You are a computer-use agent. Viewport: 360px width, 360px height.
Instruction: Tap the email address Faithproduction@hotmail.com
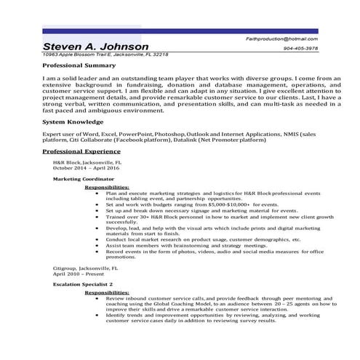coord(281,37)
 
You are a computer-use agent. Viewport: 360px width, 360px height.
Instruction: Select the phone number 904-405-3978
coord(302,48)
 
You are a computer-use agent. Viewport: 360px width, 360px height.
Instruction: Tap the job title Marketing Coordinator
coord(84,178)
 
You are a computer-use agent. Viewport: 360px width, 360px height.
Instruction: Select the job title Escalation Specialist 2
coord(84,284)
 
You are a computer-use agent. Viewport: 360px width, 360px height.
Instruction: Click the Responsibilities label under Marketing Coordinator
coord(107,188)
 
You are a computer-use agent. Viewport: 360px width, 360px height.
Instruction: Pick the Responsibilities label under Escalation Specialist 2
coord(107,293)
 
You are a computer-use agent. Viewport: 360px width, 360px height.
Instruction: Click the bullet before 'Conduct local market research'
coord(97,238)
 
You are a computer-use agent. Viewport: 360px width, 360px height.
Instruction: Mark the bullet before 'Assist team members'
coord(97,245)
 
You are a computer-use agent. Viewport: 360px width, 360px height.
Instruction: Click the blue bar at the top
coord(180,31)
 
